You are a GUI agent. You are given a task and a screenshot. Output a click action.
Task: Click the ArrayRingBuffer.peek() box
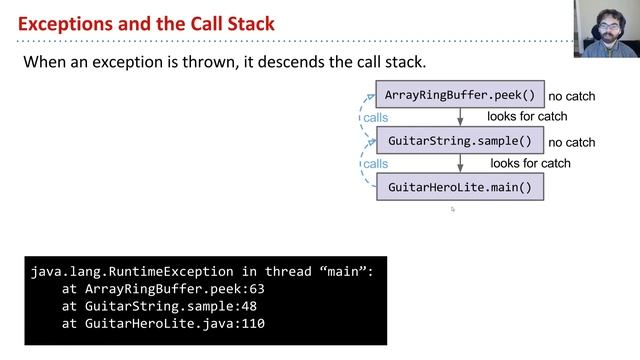click(460, 96)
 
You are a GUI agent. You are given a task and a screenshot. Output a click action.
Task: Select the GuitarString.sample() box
click(460, 141)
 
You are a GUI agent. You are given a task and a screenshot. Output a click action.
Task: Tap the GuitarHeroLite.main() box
click(460, 187)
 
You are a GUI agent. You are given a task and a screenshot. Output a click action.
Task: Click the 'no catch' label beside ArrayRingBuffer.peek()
click(572, 97)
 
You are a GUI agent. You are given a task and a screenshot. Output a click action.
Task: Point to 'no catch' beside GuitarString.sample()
click(572, 143)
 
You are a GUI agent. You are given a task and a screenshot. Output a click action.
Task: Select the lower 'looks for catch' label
click(530, 163)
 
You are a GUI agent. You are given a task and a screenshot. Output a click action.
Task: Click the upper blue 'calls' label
click(376, 118)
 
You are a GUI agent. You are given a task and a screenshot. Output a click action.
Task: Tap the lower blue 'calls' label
click(376, 163)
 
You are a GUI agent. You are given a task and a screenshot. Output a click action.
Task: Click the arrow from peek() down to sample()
click(460, 118)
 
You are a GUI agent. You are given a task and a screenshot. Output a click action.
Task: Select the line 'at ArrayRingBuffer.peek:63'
click(162, 289)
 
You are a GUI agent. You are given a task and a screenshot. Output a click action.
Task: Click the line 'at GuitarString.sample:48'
click(162, 306)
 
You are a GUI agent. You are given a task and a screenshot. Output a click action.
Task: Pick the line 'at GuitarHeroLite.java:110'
click(162, 324)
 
